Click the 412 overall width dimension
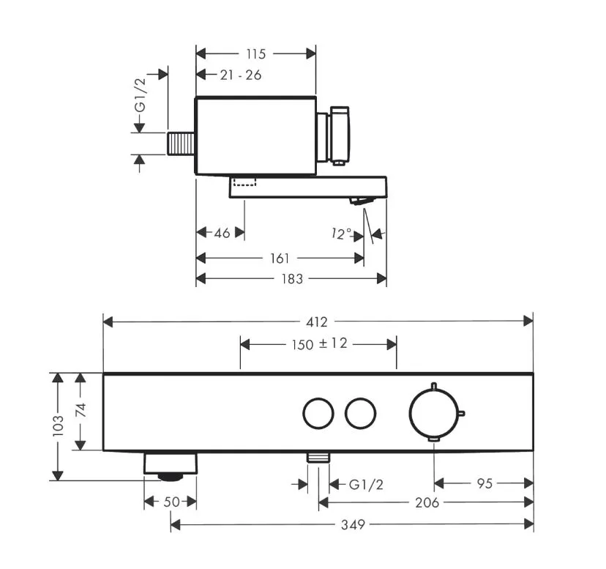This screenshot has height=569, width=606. click(316, 321)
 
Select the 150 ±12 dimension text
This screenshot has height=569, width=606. click(320, 343)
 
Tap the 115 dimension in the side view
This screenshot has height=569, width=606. click(256, 54)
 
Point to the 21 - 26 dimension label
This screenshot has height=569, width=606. click(241, 75)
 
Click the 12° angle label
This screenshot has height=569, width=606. click(341, 234)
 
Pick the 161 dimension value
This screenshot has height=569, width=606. click(280, 258)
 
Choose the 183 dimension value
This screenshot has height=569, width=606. click(292, 278)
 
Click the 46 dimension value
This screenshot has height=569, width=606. click(222, 233)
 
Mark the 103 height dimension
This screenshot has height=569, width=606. click(58, 426)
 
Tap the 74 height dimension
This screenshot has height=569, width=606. click(81, 410)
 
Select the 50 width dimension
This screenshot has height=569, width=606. click(171, 502)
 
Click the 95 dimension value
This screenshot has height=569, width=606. click(485, 483)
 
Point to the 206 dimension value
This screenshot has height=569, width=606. click(427, 502)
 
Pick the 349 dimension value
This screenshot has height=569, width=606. click(353, 524)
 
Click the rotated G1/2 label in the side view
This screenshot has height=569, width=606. click(141, 94)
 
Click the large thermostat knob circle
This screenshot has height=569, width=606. click(434, 413)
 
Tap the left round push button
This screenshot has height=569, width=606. click(318, 413)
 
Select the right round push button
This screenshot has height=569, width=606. click(361, 413)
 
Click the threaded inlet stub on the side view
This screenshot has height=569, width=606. click(181, 144)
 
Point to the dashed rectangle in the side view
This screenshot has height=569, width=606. click(244, 182)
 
